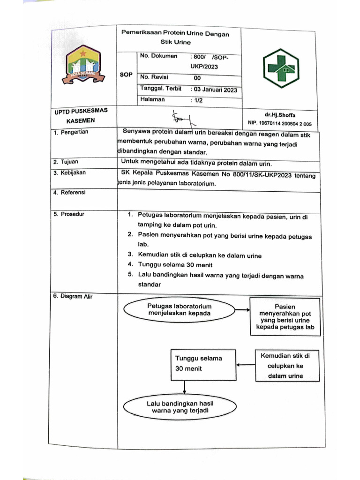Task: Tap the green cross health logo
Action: click(280, 69)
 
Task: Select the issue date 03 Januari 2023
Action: click(215, 90)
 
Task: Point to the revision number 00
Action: click(197, 78)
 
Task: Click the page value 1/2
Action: click(196, 100)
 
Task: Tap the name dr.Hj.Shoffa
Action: click(280, 115)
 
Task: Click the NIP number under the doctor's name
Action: click(279, 124)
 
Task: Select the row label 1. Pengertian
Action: click(71, 133)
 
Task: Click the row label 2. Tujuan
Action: click(66, 162)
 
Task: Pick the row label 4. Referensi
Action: click(69, 193)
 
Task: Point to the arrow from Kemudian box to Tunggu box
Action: click(244, 365)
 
